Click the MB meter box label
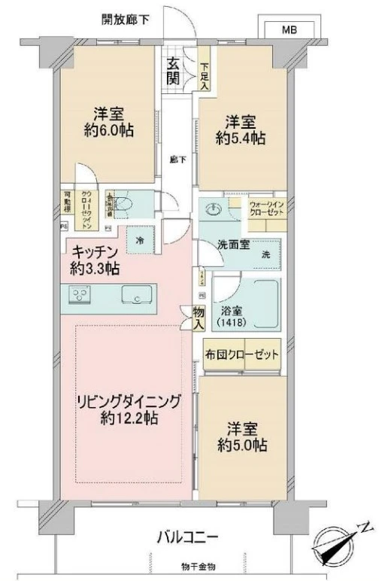click(289, 30)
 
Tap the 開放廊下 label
click(126, 20)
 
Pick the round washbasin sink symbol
click(216, 210)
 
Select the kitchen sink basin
click(136, 297)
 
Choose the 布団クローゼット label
click(242, 353)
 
